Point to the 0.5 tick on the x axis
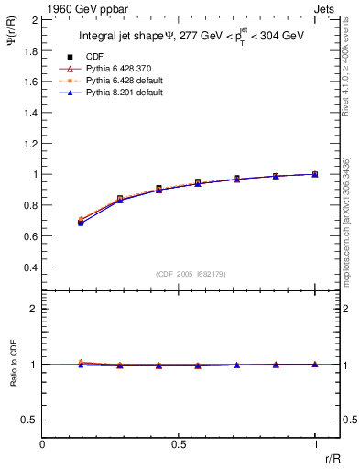pyautogui.click(x=179, y=442)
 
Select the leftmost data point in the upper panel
pyautogui.click(x=81, y=222)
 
